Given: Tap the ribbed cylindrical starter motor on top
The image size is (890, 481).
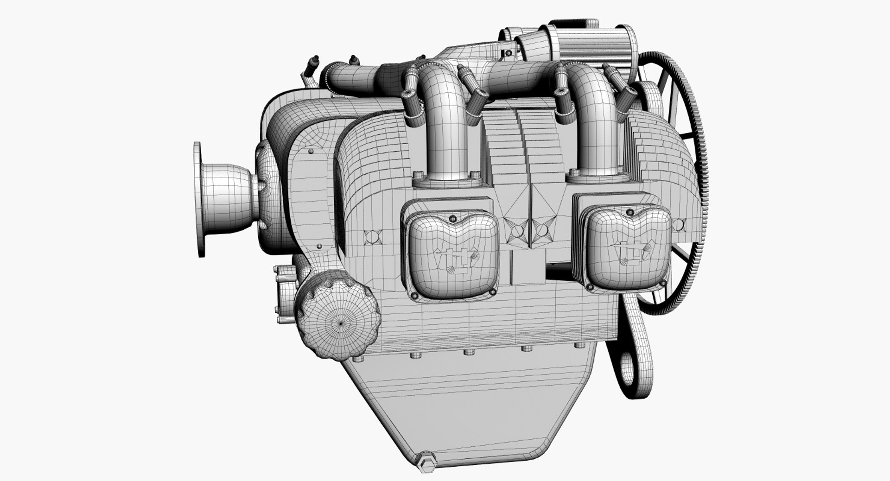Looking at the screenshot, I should [589, 42].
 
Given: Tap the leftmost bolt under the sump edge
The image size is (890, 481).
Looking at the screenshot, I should [356, 359].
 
